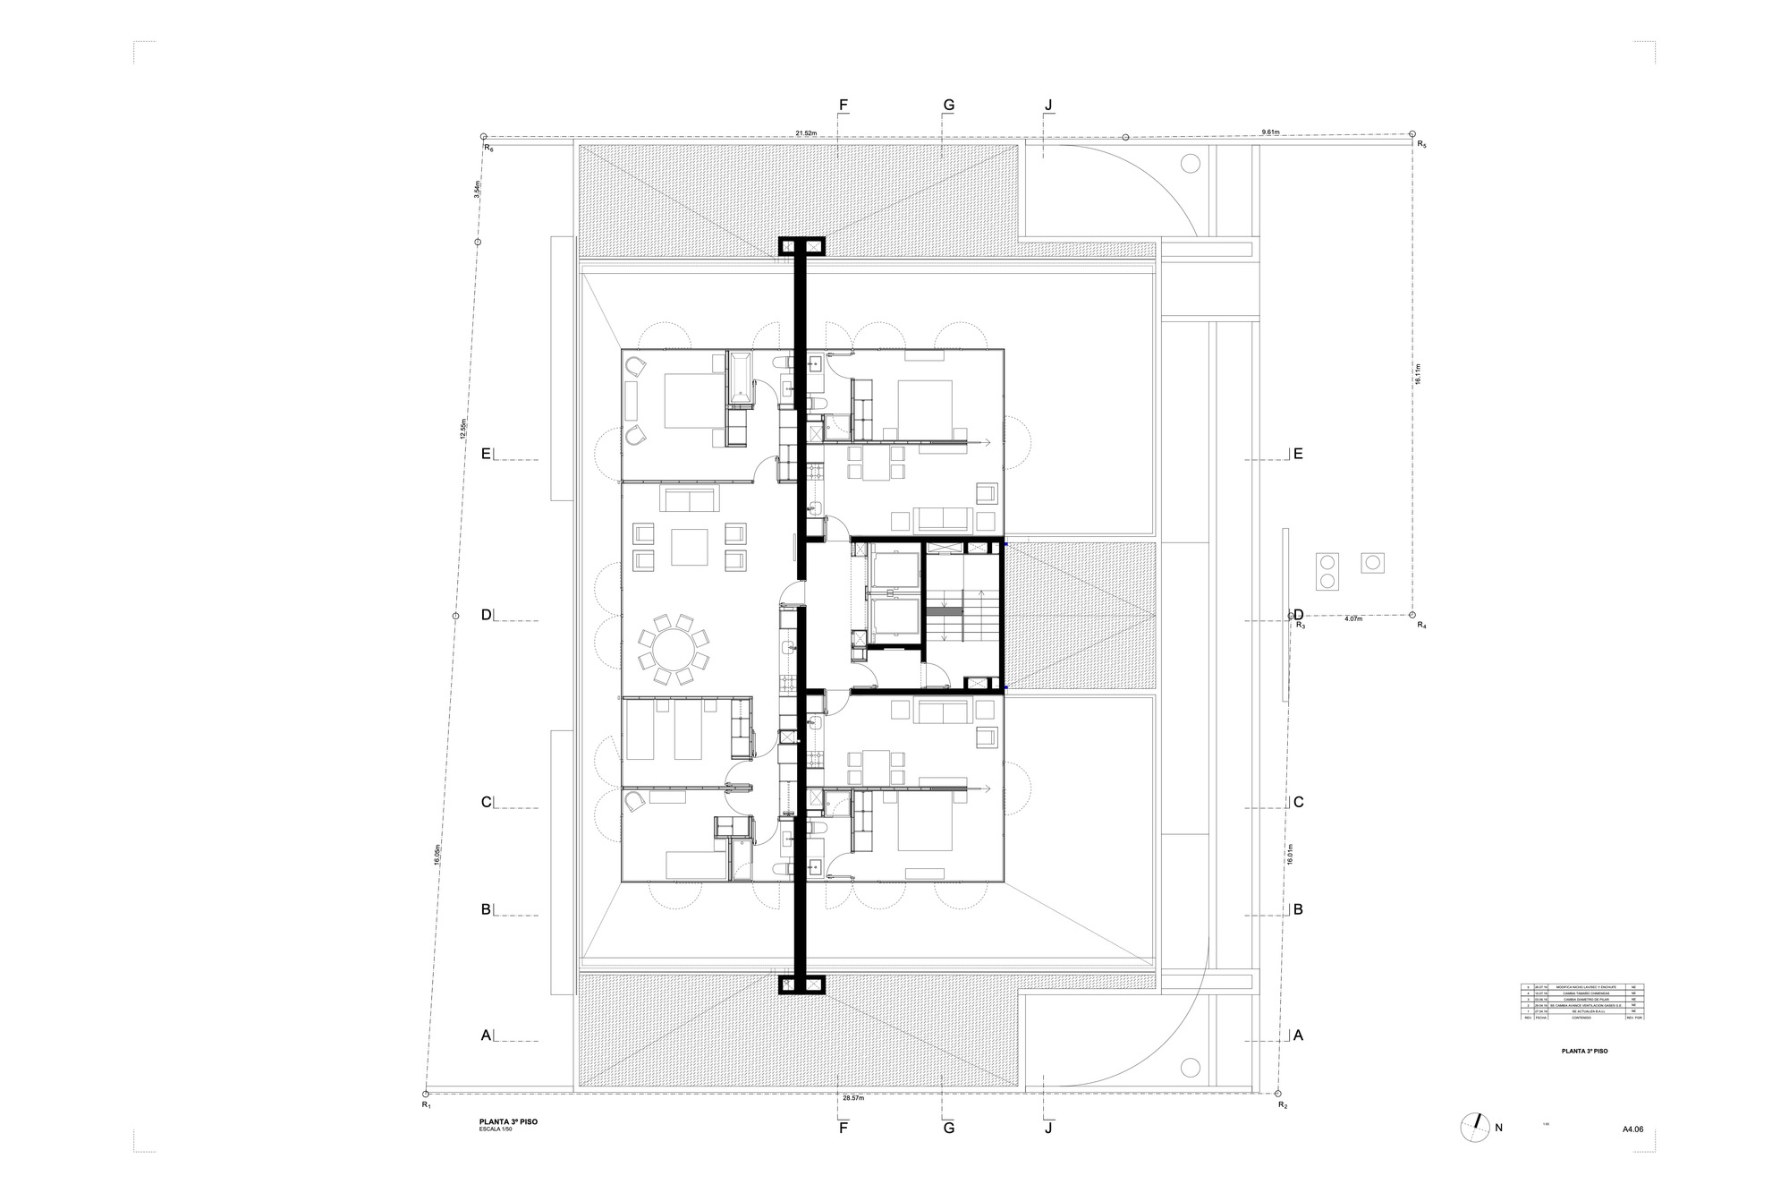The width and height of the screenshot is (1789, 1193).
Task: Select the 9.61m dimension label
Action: pyautogui.click(x=1270, y=132)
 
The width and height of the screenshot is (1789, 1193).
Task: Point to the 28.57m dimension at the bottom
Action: pyautogui.click(x=852, y=1096)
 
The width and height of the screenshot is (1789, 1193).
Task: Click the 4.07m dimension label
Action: pyautogui.click(x=1353, y=618)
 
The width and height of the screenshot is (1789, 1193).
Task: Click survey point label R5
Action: pyautogui.click(x=1421, y=143)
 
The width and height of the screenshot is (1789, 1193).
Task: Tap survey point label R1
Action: pyautogui.click(x=427, y=1105)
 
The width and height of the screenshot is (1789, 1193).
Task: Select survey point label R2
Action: pyautogui.click(x=1283, y=1105)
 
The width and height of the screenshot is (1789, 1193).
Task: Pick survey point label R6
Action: pyautogui.click(x=488, y=149)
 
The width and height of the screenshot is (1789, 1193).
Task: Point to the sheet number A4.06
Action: pyautogui.click(x=1632, y=1129)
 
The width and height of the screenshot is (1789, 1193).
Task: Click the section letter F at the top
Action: pyautogui.click(x=843, y=105)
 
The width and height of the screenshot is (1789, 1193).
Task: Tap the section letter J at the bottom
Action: pyautogui.click(x=1048, y=1128)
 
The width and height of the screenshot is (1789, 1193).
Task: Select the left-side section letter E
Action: pyautogui.click(x=487, y=454)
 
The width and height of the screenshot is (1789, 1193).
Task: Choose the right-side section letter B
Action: pyautogui.click(x=1298, y=910)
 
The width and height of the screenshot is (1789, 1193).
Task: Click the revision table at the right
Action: pyautogui.click(x=1582, y=1002)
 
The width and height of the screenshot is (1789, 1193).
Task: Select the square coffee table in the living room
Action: pyautogui.click(x=690, y=547)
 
